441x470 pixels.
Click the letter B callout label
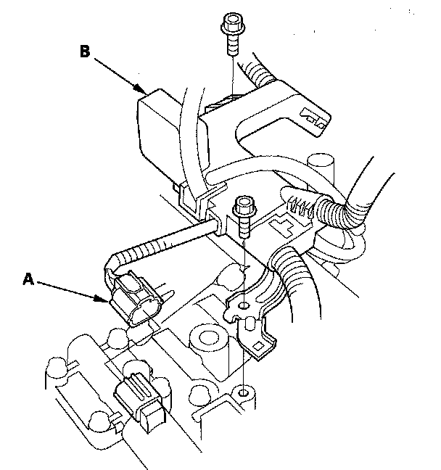coord(85,51)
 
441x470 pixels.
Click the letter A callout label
coord(28,279)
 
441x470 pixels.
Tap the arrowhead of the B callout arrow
coord(140,88)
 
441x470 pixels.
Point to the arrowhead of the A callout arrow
coord(102,298)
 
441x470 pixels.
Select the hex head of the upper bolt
coord(233,22)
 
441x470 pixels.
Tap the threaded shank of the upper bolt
coord(233,44)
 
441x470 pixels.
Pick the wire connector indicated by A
coord(135,298)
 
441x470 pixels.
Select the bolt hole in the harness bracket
coord(244,306)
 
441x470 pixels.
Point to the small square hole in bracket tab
coord(257,347)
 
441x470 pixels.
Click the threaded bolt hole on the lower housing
coord(244,392)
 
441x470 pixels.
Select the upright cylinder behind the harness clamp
coord(321,171)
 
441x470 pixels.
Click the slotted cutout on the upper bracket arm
coord(314,119)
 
